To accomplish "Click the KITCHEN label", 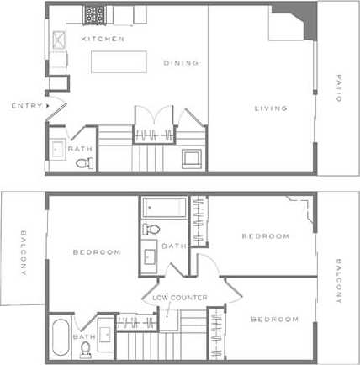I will click(103, 40).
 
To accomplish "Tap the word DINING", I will click(181, 62).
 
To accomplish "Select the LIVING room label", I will click(271, 108).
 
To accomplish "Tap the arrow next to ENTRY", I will click(50, 105).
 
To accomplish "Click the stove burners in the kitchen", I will click(94, 15).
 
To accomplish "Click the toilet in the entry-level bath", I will click(81, 164).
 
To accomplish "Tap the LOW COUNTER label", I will click(179, 297).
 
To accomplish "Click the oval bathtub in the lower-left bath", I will click(61, 337).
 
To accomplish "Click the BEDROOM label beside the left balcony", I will click(96, 252).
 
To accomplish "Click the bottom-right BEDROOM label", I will click(274, 320).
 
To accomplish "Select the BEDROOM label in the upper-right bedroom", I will click(265, 236).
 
